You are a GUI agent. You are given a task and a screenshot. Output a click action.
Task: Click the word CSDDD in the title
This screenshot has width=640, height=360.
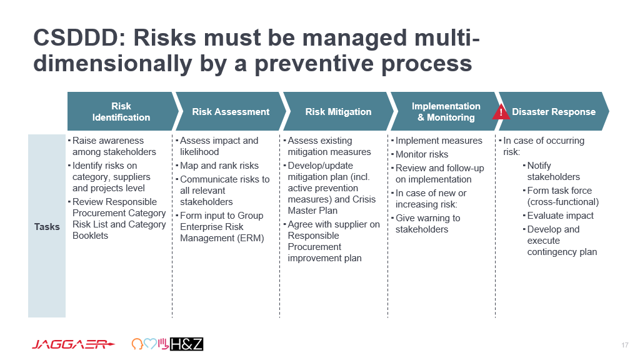pyautogui.click(x=76, y=37)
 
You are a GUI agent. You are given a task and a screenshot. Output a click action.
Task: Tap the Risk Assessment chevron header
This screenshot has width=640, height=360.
pyautogui.click(x=231, y=111)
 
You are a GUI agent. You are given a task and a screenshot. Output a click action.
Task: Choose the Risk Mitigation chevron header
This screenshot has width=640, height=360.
pyautogui.click(x=338, y=111)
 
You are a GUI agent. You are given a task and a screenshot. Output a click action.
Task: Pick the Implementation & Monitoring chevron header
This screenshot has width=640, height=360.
pyautogui.click(x=446, y=111)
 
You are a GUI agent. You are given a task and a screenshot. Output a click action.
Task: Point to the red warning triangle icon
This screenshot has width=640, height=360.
pyautogui.click(x=501, y=112)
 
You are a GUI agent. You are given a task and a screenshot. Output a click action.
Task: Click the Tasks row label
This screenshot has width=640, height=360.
pyautogui.click(x=47, y=226)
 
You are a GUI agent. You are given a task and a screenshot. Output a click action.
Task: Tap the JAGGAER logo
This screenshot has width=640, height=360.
pyautogui.click(x=74, y=344)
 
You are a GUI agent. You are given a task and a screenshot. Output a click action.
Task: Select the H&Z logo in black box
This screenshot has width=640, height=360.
pyautogui.click(x=186, y=344)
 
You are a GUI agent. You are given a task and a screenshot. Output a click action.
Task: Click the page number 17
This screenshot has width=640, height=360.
pyautogui.click(x=625, y=345)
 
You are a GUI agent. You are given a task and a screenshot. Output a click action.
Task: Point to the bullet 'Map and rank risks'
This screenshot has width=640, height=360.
pyautogui.click(x=219, y=166)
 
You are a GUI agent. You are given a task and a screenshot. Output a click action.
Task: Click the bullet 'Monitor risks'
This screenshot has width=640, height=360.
pyautogui.click(x=422, y=154)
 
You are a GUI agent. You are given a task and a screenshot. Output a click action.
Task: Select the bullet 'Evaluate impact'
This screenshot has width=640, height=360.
pyautogui.click(x=561, y=216)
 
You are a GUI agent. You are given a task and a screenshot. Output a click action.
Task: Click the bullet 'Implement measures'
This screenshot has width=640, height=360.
pyautogui.click(x=439, y=141)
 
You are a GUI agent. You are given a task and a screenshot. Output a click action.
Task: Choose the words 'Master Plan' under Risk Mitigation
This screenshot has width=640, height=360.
pyautogui.click(x=312, y=211)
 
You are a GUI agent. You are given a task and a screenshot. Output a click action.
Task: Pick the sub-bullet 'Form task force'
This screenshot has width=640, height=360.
pyautogui.click(x=559, y=191)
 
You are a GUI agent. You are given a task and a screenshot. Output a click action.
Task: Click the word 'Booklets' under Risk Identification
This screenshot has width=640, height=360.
pyautogui.click(x=90, y=236)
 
